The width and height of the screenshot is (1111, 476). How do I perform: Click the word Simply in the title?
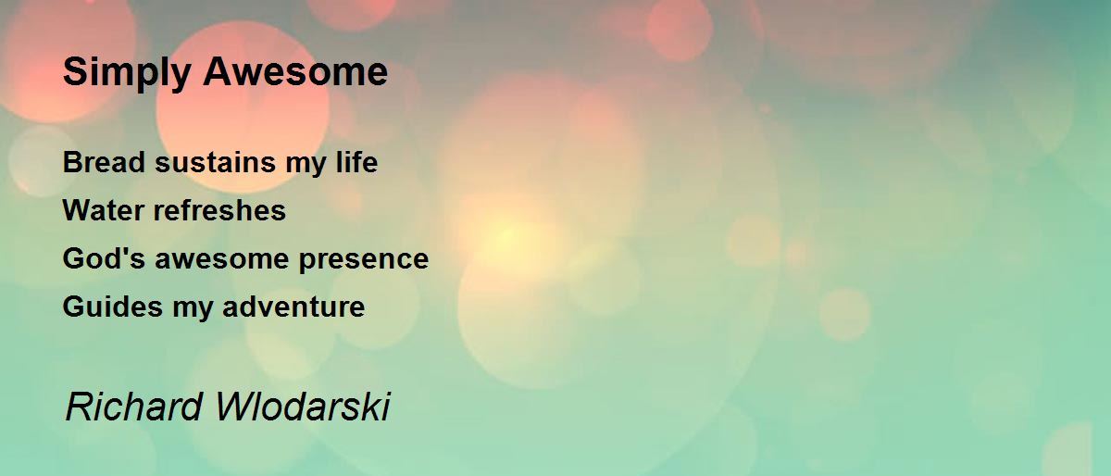click(x=127, y=72)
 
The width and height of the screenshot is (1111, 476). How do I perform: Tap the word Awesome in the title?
click(x=295, y=71)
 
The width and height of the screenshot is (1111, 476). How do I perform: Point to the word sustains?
click(x=215, y=163)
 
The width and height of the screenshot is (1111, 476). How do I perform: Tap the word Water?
click(x=104, y=210)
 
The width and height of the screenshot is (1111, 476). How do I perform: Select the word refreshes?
click(x=219, y=210)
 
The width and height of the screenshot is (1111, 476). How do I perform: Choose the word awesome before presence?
click(x=221, y=260)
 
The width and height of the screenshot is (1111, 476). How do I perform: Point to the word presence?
click(x=364, y=261)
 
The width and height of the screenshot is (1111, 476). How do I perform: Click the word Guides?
click(x=113, y=307)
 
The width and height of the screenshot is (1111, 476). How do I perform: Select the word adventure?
click(x=293, y=307)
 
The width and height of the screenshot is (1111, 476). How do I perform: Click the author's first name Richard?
click(x=134, y=407)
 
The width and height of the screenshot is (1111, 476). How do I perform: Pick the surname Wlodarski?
click(x=303, y=407)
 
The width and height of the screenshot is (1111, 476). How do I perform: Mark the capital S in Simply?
click(x=75, y=71)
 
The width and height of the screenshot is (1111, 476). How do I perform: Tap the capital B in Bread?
click(x=73, y=162)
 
